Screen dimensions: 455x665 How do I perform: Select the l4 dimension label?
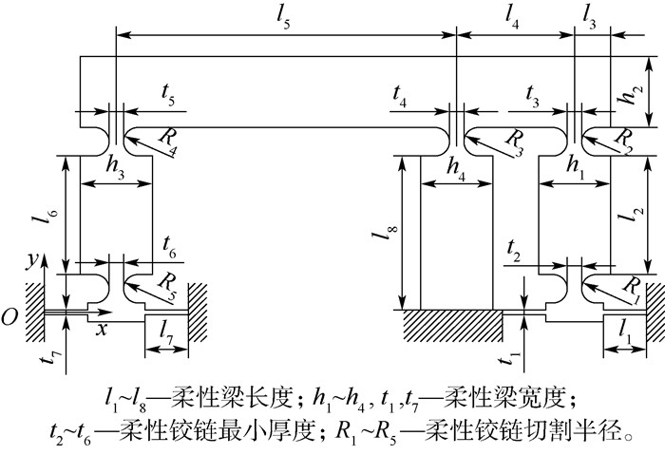[513, 19]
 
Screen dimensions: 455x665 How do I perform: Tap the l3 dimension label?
[591, 19]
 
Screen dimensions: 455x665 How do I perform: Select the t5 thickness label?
[168, 96]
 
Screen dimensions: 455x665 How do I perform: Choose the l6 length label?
[41, 216]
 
